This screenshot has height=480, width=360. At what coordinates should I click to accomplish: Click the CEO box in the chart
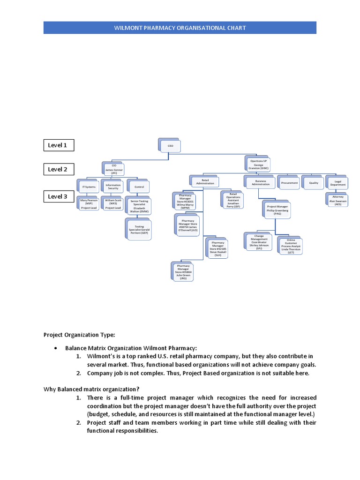[x=170, y=146]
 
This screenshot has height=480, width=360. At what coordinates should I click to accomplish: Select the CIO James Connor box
[x=114, y=169]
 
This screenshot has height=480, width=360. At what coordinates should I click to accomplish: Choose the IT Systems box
[x=89, y=187]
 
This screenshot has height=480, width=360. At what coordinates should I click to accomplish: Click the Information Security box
[x=113, y=187]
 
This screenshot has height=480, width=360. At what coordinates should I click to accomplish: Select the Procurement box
[x=289, y=183]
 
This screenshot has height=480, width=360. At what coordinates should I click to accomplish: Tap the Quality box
[x=313, y=183]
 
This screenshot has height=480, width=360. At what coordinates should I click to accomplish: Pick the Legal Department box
[x=337, y=183]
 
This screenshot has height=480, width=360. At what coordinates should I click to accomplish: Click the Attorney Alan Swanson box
[x=338, y=201]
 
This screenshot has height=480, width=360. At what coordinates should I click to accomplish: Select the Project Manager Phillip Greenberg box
[x=277, y=210]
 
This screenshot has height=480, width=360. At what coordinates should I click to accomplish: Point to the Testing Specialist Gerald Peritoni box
[x=139, y=230]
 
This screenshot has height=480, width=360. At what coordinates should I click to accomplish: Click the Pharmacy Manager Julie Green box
[x=183, y=272]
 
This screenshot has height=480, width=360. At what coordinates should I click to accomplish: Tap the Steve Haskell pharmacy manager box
[x=218, y=248]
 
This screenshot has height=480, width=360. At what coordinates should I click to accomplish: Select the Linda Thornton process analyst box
[x=291, y=246]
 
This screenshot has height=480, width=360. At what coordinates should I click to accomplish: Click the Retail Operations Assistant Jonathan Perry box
[x=233, y=200]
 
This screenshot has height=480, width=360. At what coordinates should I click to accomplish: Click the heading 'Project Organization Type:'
[x=79, y=335]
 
